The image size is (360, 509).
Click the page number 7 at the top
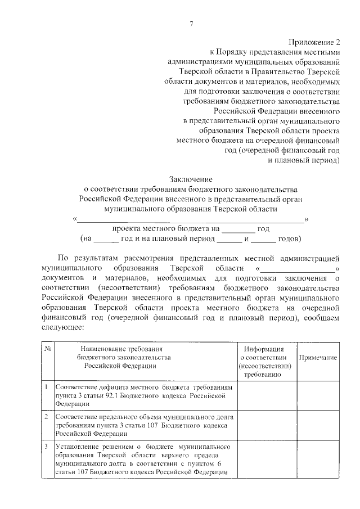[191, 23]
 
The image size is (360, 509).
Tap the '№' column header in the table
[48, 349]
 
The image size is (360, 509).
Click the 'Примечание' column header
[318, 358]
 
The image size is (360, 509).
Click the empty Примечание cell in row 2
[318, 425]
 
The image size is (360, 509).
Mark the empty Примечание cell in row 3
[318, 460]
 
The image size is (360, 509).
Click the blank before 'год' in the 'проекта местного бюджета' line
[238, 229]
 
